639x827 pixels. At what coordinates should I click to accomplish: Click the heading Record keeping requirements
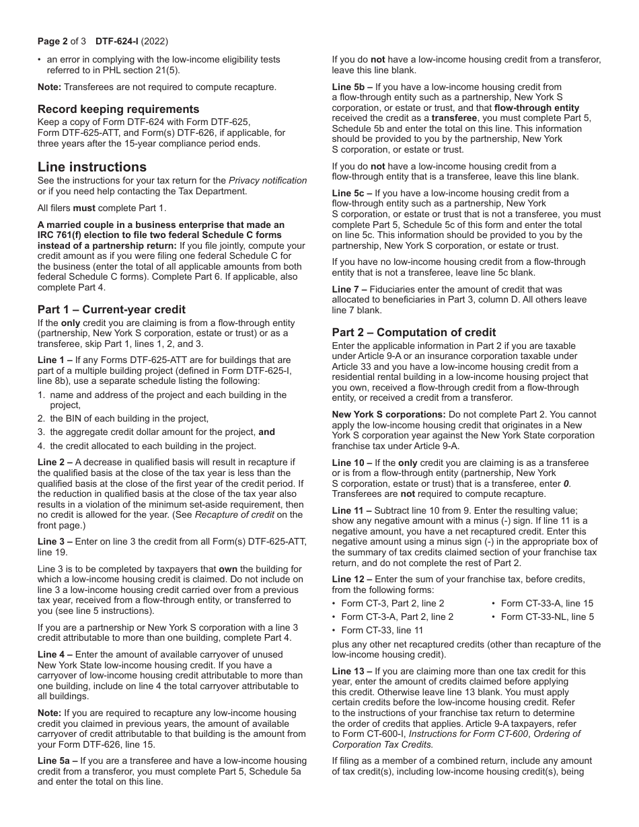point(118,109)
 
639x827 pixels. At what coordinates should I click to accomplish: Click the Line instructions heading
point(92,167)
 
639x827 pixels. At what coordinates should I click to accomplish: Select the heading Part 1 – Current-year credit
point(111,309)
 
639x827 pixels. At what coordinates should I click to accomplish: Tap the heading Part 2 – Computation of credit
point(414,332)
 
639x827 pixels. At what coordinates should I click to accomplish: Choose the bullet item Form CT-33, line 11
point(382,630)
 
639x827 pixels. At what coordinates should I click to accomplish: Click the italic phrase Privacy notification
point(268,180)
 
